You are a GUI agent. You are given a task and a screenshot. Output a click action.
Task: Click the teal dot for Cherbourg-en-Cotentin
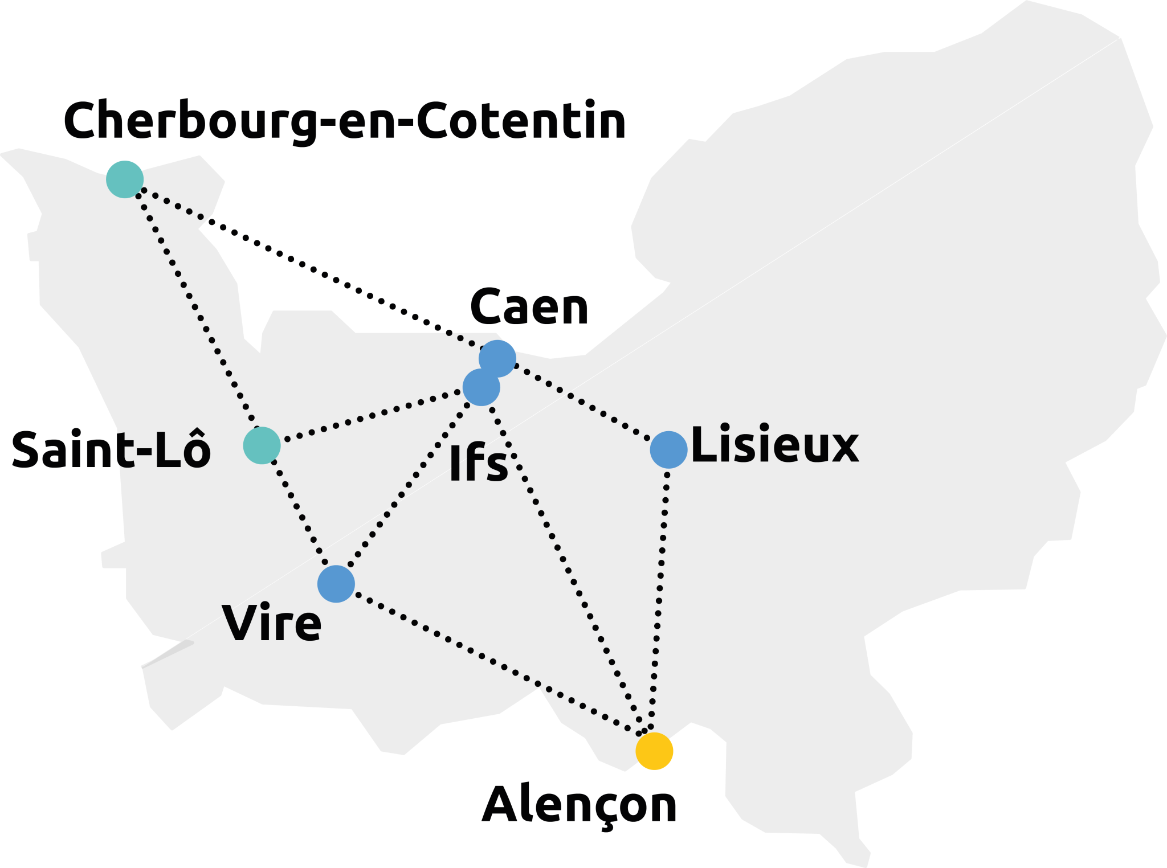coord(125,179)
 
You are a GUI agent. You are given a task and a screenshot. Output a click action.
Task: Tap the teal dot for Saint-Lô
coord(262,445)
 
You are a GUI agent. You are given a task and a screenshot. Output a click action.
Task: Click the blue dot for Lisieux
coord(668,449)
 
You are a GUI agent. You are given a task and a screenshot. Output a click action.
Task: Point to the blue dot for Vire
coord(336,584)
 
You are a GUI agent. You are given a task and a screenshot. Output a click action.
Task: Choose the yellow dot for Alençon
coord(654,751)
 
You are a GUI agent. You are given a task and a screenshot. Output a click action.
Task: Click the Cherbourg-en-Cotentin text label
coord(345,121)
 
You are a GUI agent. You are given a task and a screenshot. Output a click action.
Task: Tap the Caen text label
coord(529,308)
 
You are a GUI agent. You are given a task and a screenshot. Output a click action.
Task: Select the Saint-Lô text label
coord(111,450)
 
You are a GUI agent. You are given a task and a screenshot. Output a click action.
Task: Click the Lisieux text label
coord(776,445)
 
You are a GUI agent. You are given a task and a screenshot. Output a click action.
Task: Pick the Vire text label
coord(273,623)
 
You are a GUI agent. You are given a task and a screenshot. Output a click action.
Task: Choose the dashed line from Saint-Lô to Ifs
coord(370,416)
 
